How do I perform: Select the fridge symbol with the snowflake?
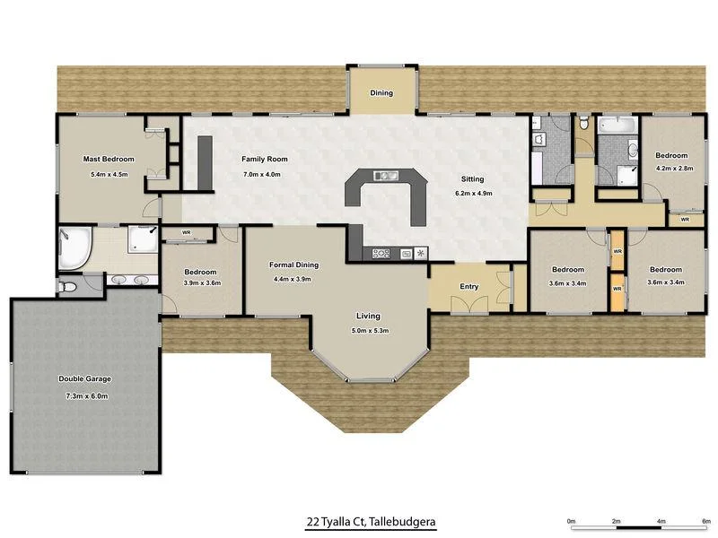[x=419, y=254]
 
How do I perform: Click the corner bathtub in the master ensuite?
[x=74, y=247]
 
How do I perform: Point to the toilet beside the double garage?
[x=69, y=287]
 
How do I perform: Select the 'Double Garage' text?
[x=84, y=378]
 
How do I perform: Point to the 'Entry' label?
[x=468, y=287]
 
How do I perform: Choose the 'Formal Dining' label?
[x=294, y=265]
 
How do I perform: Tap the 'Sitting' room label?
[x=472, y=178]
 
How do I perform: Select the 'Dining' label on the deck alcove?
[x=381, y=92]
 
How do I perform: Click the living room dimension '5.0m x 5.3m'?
[x=368, y=331]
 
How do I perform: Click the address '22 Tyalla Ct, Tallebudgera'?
[x=371, y=520]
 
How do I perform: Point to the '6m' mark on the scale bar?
[x=706, y=520]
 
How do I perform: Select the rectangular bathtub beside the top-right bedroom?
[x=617, y=126]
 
